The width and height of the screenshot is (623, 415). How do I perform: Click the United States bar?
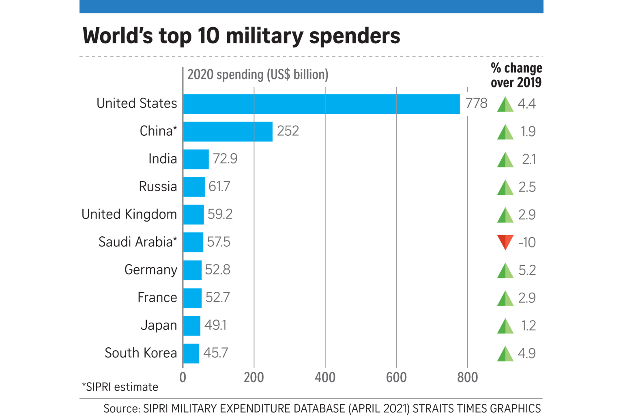(321, 104)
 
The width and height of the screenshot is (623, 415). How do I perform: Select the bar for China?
(228, 132)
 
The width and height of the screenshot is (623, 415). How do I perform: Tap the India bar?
(196, 159)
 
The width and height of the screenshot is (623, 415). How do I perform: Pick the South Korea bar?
(191, 353)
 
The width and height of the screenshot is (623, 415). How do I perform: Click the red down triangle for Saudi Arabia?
(505, 242)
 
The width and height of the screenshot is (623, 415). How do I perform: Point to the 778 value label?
(476, 103)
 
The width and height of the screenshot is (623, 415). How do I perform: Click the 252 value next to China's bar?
(288, 131)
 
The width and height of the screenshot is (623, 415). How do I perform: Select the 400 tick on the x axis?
(325, 378)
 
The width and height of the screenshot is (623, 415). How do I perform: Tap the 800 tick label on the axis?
(467, 378)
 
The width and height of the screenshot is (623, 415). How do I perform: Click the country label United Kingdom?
(129, 214)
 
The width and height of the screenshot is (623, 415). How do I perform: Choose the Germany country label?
(150, 270)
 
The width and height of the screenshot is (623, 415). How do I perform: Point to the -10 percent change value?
(527, 242)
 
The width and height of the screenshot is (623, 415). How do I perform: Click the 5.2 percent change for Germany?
(527, 270)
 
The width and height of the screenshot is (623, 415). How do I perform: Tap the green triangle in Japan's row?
(505, 326)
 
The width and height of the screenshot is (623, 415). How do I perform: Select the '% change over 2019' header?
(516, 75)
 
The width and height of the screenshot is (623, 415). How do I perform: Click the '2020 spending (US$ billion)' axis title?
(258, 75)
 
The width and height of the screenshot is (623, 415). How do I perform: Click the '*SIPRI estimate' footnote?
(120, 387)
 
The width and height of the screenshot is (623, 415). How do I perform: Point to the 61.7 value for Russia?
(219, 186)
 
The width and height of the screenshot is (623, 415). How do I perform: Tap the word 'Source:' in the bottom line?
(122, 409)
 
